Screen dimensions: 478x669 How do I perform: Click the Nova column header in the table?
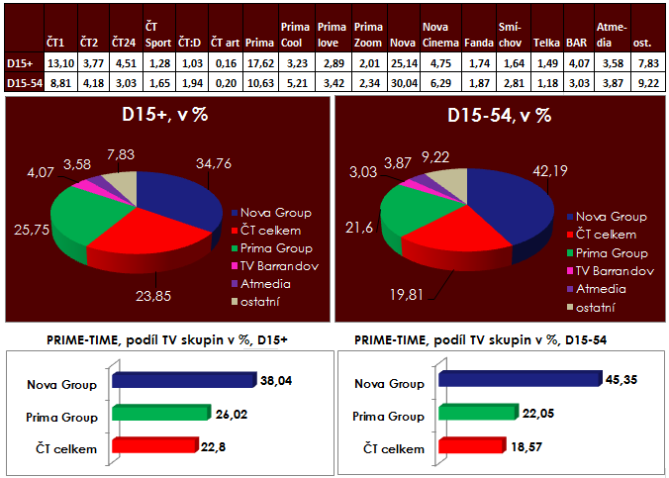(402, 43)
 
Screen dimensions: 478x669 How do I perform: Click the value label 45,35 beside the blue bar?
(621, 379)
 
